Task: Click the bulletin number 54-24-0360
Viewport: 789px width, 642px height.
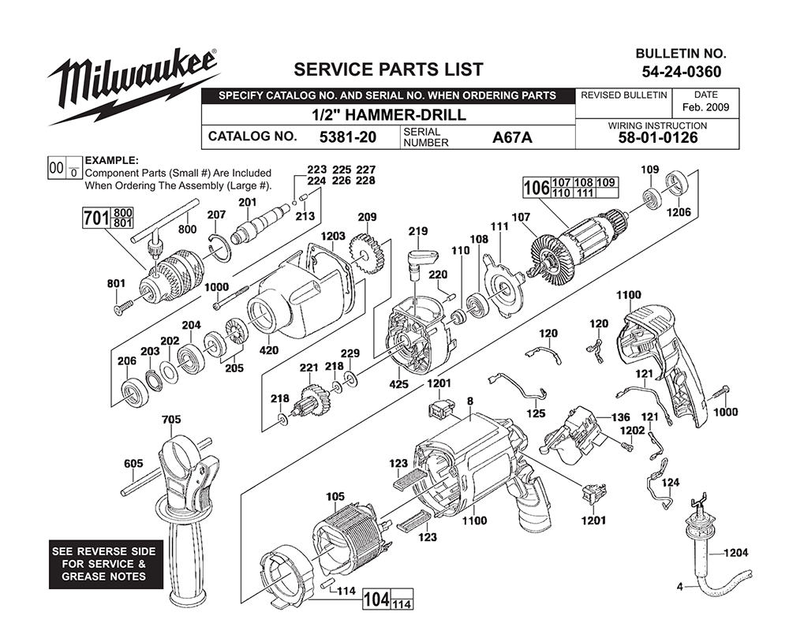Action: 682,72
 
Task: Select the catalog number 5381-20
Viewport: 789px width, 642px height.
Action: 348,137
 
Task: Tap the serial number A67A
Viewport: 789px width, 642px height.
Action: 512,137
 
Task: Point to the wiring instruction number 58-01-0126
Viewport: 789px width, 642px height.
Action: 658,138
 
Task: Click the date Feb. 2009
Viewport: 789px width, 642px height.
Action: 705,107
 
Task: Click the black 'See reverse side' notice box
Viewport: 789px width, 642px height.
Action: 106,564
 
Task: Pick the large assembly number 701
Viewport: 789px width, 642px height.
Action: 96,218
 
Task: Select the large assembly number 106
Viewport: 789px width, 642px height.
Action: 537,188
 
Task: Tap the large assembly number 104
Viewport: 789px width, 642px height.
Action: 376,599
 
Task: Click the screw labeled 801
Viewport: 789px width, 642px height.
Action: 124,308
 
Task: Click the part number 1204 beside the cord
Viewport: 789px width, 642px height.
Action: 735,553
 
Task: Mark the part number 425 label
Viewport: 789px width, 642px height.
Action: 398,385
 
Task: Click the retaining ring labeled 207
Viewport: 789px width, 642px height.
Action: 220,249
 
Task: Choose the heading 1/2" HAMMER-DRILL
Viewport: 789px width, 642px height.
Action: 389,114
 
